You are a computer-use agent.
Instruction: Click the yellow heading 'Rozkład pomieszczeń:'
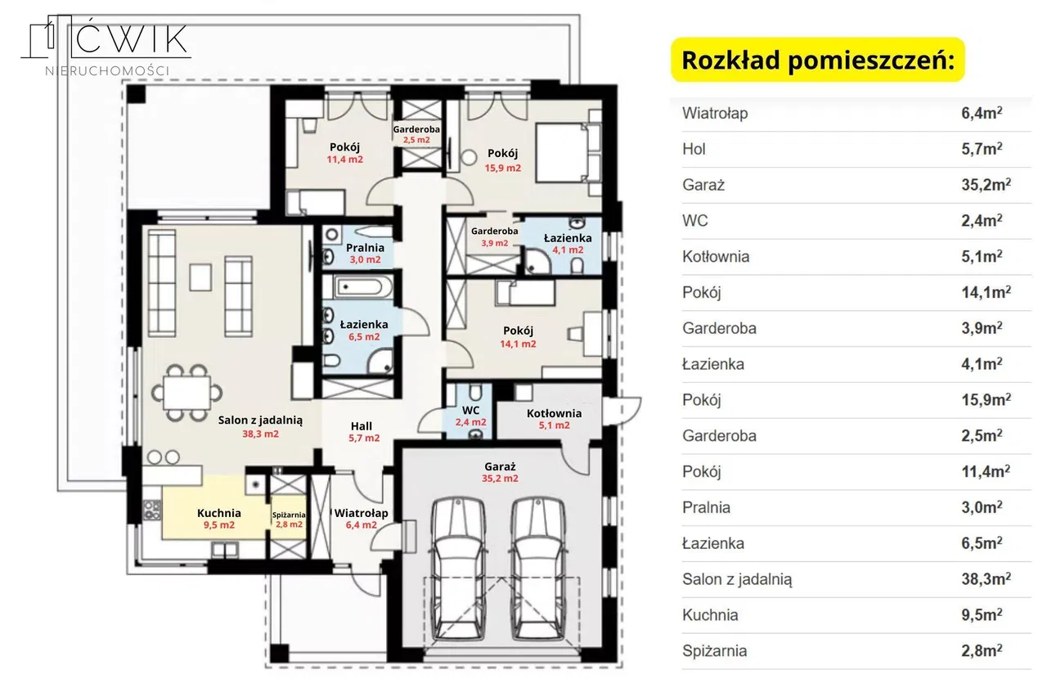[x=817, y=61]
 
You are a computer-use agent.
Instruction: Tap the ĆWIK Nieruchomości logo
[x=106, y=45]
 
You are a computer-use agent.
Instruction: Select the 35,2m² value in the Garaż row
[x=986, y=184]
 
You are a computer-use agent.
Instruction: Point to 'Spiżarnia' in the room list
[x=714, y=650]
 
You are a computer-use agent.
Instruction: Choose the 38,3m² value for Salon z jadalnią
[x=986, y=578]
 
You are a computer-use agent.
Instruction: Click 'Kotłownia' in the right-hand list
[x=716, y=256]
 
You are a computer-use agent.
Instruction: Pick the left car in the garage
[x=458, y=569]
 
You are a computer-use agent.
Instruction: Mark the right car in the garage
[x=538, y=569]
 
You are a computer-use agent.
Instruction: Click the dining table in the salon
[x=186, y=393]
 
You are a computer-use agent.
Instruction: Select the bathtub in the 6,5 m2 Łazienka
[x=363, y=286]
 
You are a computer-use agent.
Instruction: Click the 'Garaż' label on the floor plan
[x=500, y=466]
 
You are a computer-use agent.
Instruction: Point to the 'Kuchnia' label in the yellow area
[x=218, y=513]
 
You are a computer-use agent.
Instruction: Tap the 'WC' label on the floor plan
[x=470, y=411]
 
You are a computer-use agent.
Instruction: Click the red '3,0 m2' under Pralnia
[x=365, y=259]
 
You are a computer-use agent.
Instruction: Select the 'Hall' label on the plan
[x=362, y=426]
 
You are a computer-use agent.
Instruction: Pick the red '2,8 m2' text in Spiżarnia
[x=289, y=524]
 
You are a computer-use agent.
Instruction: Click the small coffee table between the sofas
[x=200, y=277]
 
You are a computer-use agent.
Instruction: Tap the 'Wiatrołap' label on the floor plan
[x=361, y=513]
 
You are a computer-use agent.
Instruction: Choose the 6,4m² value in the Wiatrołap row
[x=982, y=113]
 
